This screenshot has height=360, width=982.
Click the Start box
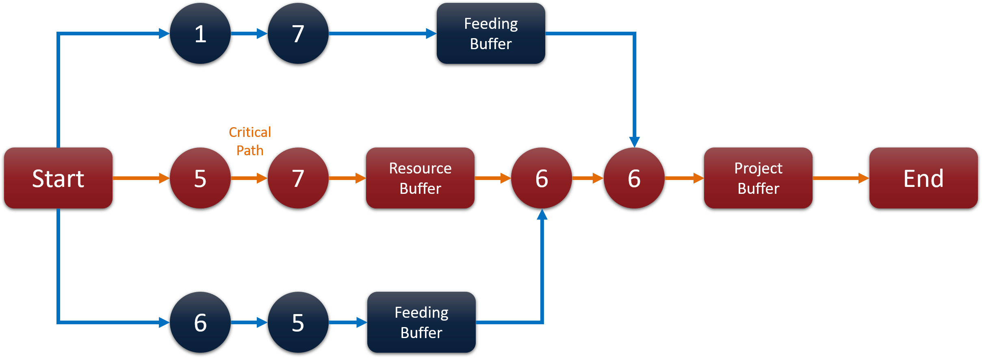tap(58, 178)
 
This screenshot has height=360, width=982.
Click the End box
tap(923, 178)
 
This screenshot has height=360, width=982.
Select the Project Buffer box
tap(758, 178)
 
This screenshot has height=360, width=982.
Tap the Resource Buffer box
tap(420, 178)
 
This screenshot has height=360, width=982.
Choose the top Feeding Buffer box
tap(491, 33)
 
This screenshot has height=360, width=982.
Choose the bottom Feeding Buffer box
tap(421, 322)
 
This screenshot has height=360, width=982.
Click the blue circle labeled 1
tap(200, 33)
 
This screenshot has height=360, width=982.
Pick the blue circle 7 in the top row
tap(298, 33)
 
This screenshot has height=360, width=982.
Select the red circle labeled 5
tap(200, 178)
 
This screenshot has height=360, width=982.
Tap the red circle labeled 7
tap(298, 178)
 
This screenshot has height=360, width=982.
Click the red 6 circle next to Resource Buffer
tap(542, 178)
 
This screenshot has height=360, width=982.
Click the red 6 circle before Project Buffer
tap(634, 178)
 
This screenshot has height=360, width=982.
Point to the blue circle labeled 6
tap(200, 322)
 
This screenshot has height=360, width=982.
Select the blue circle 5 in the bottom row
tap(298, 322)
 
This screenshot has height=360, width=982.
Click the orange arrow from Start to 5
tap(141, 178)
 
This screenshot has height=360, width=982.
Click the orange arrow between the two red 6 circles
tap(587, 178)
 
